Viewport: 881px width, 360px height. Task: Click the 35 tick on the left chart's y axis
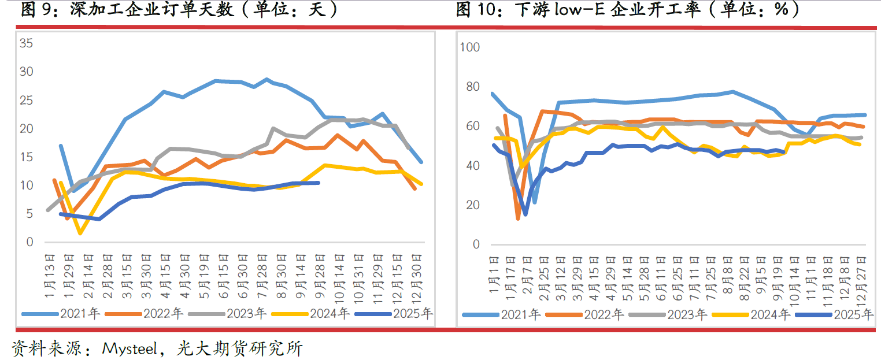coord(27,43)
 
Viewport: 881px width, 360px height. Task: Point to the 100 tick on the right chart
coord(469,47)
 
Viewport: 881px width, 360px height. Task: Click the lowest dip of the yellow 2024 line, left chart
coord(80,233)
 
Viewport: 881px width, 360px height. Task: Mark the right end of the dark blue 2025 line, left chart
coord(319,183)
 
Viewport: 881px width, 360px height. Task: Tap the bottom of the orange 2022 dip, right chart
coord(518,218)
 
